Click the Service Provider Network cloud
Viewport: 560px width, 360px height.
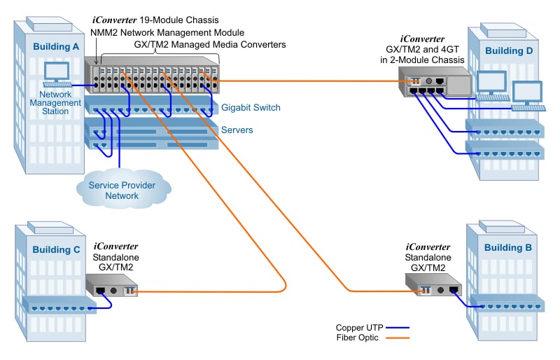[x=122, y=190]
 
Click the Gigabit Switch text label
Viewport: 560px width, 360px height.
[x=250, y=108]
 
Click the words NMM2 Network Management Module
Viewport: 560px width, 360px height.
[x=167, y=32]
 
